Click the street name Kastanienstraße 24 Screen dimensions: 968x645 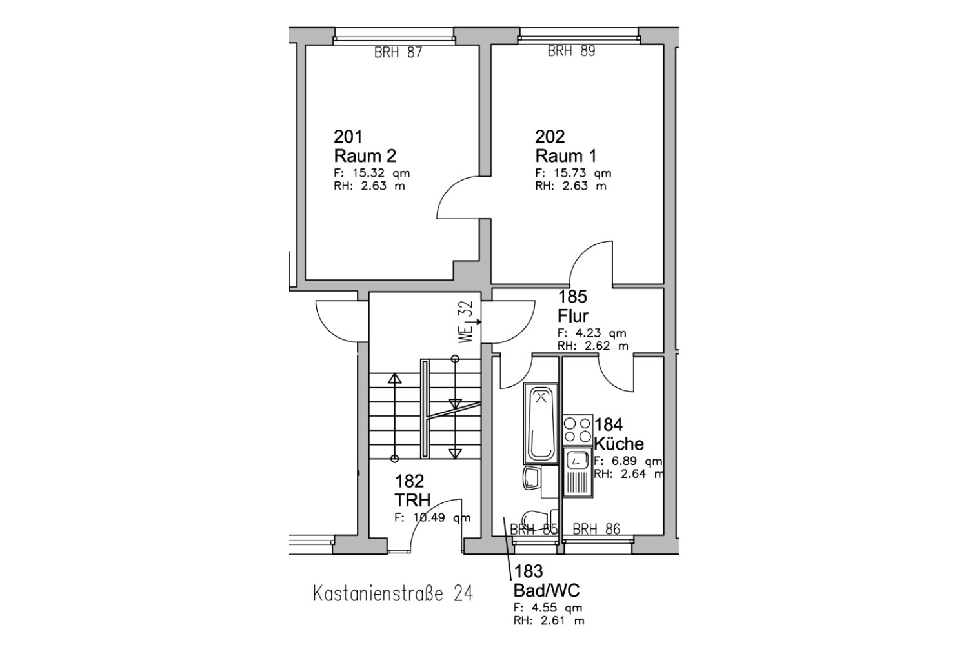pyautogui.click(x=393, y=593)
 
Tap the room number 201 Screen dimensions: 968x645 pyautogui.click(x=348, y=137)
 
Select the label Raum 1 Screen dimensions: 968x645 pyautogui.click(x=566, y=155)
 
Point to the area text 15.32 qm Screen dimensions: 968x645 pyautogui.click(x=381, y=174)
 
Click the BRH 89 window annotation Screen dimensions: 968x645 pyautogui.click(x=571, y=51)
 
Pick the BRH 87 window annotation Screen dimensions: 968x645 pyautogui.click(x=398, y=53)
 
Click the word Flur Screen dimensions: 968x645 pyautogui.click(x=572, y=316)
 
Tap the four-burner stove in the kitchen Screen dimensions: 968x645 pyautogui.click(x=578, y=430)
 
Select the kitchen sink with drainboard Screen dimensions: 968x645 pyautogui.click(x=578, y=472)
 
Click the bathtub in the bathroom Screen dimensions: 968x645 pyautogui.click(x=541, y=423)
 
